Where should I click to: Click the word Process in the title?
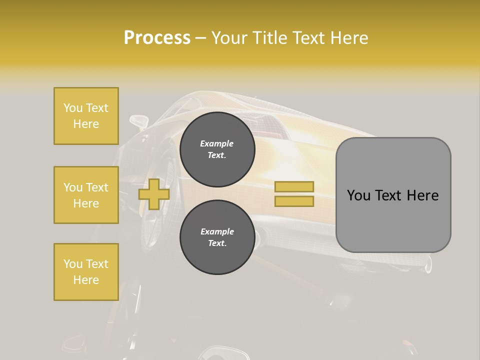(x=157, y=37)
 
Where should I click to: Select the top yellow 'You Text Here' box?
(x=86, y=116)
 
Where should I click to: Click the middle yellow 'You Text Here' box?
(x=86, y=195)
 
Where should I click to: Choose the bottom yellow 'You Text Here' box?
(x=86, y=272)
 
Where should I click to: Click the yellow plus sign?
(x=154, y=194)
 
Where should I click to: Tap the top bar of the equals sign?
(x=294, y=187)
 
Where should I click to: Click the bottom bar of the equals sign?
(x=294, y=201)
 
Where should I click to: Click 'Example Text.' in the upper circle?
(x=217, y=149)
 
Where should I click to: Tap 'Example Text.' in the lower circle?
(x=217, y=237)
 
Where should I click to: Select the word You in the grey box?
(x=358, y=195)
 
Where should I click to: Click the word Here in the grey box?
(x=422, y=195)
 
